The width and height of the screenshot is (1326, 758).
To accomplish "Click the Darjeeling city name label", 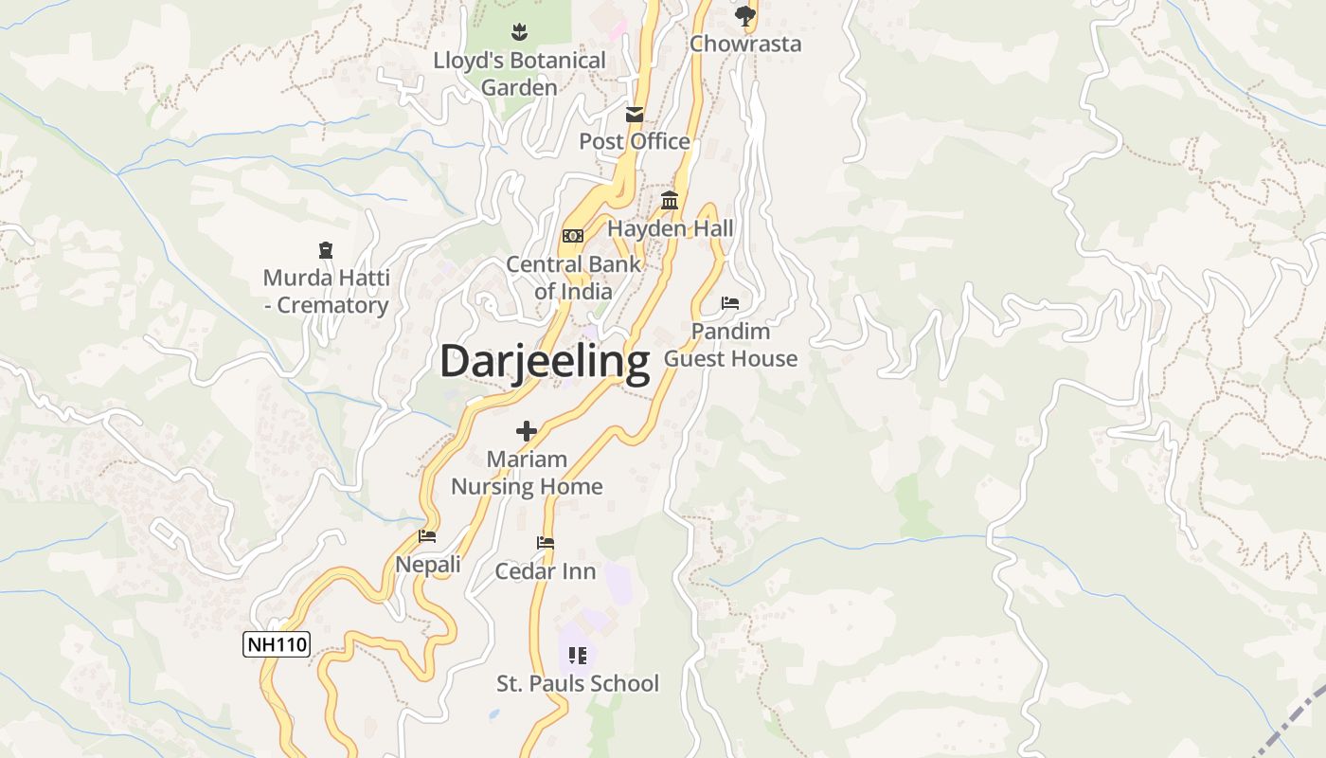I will pyautogui.click(x=545, y=361).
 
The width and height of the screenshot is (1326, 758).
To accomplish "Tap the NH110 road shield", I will pyautogui.click(x=277, y=645).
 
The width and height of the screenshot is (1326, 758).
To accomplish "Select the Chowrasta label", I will pyautogui.click(x=745, y=44).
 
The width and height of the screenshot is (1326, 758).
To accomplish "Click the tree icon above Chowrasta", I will pyautogui.click(x=745, y=15).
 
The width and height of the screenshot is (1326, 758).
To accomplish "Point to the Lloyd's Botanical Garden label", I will pyautogui.click(x=519, y=74).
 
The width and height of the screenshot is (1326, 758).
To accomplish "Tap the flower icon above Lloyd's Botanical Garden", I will pyautogui.click(x=518, y=33).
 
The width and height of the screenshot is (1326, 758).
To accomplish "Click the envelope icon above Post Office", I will pyautogui.click(x=635, y=115).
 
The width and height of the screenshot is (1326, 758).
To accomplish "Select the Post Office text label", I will pyautogui.click(x=635, y=141).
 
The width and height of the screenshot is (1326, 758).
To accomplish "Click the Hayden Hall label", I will pyautogui.click(x=671, y=228).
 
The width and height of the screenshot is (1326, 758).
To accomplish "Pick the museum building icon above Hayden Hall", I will pyautogui.click(x=671, y=200).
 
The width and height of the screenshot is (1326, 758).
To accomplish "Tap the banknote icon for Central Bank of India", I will pyautogui.click(x=573, y=235).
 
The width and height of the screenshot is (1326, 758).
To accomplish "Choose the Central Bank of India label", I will pyautogui.click(x=573, y=278).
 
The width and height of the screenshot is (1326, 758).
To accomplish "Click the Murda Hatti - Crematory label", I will pyautogui.click(x=326, y=292).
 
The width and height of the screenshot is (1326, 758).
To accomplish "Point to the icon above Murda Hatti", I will pyautogui.click(x=326, y=250).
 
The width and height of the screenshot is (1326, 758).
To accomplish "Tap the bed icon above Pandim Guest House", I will pyautogui.click(x=730, y=303).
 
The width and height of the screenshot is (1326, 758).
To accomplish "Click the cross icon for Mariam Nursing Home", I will pyautogui.click(x=527, y=432).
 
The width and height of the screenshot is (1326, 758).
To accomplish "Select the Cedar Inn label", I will pyautogui.click(x=546, y=571).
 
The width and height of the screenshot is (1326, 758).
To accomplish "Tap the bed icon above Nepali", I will pyautogui.click(x=427, y=536).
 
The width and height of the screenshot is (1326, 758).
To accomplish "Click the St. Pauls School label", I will pyautogui.click(x=578, y=683).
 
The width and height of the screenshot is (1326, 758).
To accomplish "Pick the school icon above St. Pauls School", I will pyautogui.click(x=578, y=655).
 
